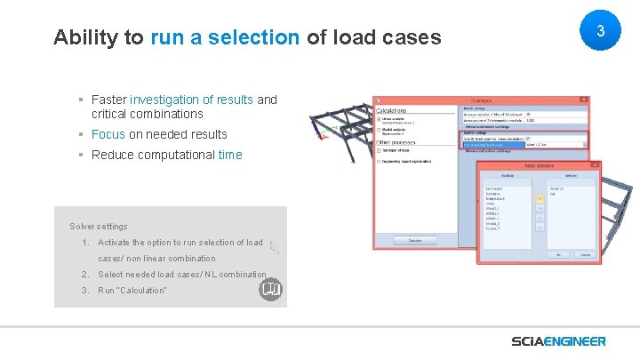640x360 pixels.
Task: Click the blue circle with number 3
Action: click(x=600, y=31)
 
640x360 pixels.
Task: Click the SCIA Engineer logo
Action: click(x=558, y=341)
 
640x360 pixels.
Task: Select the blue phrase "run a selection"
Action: click(x=225, y=37)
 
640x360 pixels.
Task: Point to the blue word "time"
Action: click(x=229, y=155)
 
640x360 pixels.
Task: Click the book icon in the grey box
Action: click(x=270, y=290)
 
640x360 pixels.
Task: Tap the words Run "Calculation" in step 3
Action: click(x=132, y=291)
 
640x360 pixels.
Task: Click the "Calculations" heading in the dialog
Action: click(x=397, y=109)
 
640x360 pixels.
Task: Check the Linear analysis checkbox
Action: click(x=379, y=118)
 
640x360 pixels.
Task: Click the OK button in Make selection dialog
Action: click(x=558, y=253)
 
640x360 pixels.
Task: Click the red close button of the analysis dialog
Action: click(x=582, y=100)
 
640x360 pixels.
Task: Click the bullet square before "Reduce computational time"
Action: click(x=81, y=155)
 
